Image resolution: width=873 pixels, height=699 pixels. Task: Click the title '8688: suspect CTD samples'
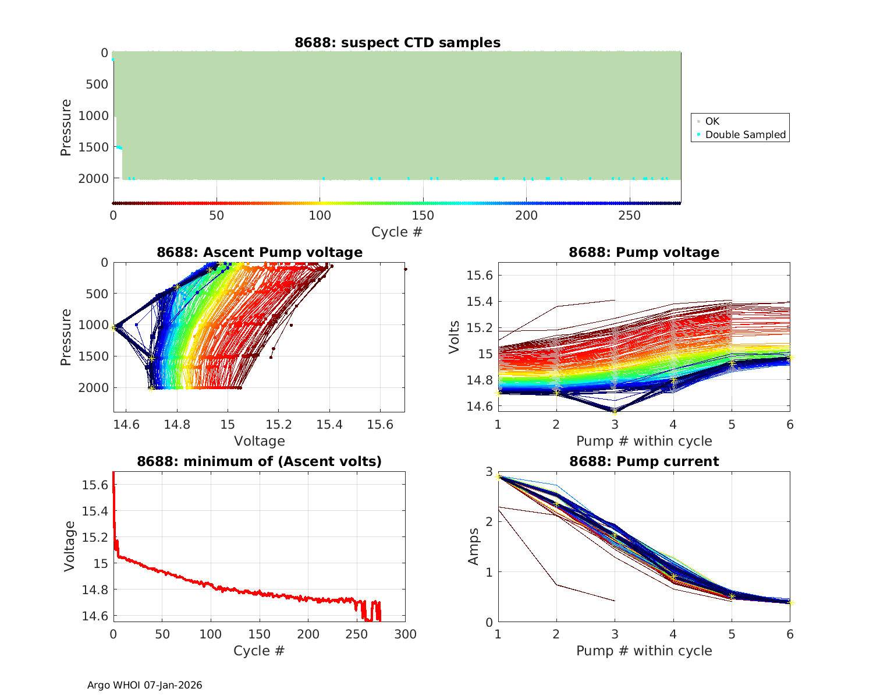point(397,43)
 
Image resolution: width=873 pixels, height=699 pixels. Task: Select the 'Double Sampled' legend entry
point(745,135)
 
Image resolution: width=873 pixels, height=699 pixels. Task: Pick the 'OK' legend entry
point(712,121)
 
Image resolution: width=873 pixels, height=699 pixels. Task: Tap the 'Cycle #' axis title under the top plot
point(397,232)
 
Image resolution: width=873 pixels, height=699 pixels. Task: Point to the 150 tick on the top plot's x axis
point(423,216)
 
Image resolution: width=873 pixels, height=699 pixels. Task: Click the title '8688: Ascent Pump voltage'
point(260,252)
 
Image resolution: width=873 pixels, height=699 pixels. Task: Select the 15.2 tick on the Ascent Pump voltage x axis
point(278,425)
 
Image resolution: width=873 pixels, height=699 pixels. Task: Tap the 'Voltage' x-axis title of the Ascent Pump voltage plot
point(260,441)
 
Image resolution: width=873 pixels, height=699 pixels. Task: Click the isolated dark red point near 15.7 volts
point(405,269)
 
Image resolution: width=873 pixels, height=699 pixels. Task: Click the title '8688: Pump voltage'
point(644,252)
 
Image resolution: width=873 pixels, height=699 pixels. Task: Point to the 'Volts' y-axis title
point(454,337)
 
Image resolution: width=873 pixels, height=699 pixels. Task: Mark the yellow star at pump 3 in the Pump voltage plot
point(615,411)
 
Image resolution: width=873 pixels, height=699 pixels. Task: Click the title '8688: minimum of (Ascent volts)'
point(260,461)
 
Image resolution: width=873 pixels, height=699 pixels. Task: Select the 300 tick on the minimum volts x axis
point(405,634)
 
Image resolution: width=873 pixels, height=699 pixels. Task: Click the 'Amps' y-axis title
point(474,546)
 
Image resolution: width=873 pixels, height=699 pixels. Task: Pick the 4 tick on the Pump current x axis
point(673,634)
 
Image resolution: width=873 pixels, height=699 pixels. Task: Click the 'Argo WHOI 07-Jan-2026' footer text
point(145,685)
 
